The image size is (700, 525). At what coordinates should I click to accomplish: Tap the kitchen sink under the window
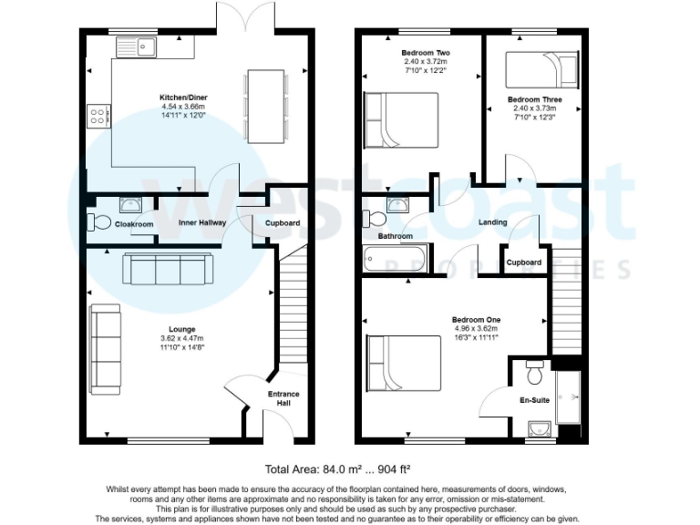[x=141, y=45]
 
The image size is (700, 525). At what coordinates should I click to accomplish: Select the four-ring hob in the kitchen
[x=97, y=116]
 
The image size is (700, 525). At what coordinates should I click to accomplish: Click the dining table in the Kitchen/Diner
[x=265, y=106]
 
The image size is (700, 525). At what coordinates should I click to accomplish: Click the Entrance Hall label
[x=283, y=398]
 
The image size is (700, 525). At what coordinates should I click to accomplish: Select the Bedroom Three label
[x=534, y=99]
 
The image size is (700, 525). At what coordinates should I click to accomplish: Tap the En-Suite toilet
[x=535, y=373]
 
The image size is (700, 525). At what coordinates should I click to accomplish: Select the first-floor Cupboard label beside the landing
[x=524, y=262]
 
